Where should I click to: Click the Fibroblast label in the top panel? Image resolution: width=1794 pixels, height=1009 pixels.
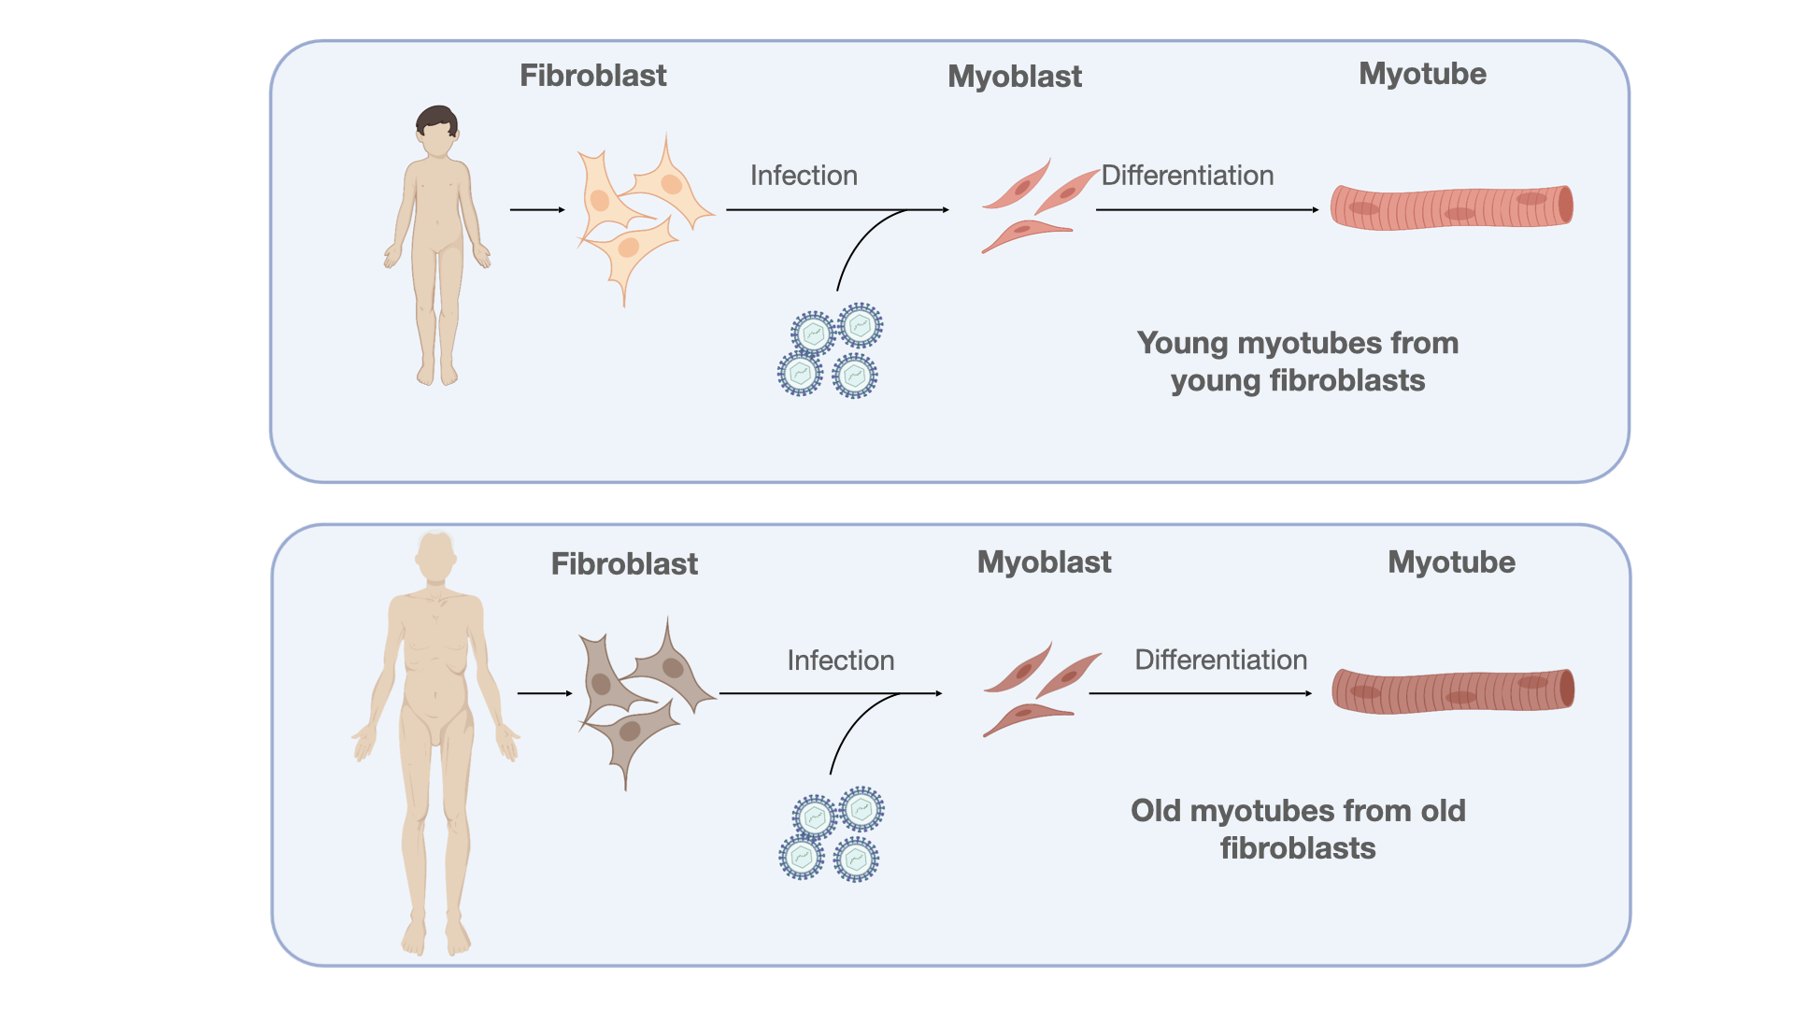pyautogui.click(x=592, y=76)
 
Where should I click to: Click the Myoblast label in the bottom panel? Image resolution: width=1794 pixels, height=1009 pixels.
pyautogui.click(x=1044, y=562)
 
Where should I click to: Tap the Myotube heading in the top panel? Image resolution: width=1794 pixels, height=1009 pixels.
pyautogui.click(x=1422, y=74)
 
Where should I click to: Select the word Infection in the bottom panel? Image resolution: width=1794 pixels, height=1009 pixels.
pyautogui.click(x=841, y=661)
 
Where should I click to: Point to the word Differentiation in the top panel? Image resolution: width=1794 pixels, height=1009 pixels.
pyautogui.click(x=1188, y=176)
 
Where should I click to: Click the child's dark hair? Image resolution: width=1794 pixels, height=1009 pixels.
pyautogui.click(x=436, y=120)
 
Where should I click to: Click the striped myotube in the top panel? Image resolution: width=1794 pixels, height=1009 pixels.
pyautogui.click(x=1452, y=206)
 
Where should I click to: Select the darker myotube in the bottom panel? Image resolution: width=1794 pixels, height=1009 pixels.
pyautogui.click(x=1453, y=691)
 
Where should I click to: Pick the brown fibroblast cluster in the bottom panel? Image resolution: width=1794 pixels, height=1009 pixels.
pyautogui.click(x=645, y=702)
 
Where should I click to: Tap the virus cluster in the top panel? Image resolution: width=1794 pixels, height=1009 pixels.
pyautogui.click(x=830, y=350)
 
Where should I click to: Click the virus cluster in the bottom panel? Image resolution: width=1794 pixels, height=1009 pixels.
pyautogui.click(x=832, y=834)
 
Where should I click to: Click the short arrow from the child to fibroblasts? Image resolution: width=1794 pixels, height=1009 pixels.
pyautogui.click(x=538, y=210)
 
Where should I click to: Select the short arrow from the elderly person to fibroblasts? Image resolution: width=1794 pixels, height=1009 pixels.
pyautogui.click(x=545, y=693)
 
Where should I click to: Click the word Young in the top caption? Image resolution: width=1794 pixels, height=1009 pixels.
pyautogui.click(x=1182, y=344)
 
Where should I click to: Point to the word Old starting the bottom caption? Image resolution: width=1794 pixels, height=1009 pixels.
pyautogui.click(x=1156, y=811)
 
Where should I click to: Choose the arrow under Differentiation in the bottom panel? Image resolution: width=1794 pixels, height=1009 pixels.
pyautogui.click(x=1201, y=693)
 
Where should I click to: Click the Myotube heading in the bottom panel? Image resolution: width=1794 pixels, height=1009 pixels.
pyautogui.click(x=1451, y=562)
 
